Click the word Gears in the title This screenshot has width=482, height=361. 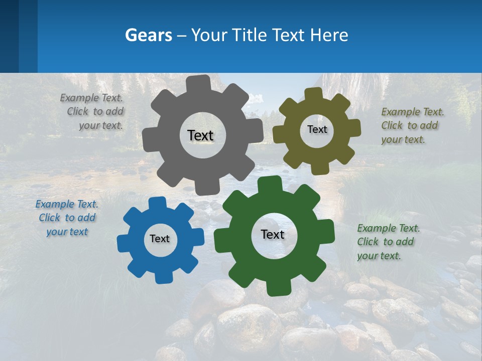tap(148, 35)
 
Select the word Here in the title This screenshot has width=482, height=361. tap(329, 35)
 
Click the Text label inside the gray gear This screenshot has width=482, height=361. tap(200, 135)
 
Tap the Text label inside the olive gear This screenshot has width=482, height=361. tap(317, 129)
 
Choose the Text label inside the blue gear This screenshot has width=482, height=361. tap(160, 239)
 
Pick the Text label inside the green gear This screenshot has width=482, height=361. tap(273, 234)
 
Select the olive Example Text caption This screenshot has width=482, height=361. tap(412, 125)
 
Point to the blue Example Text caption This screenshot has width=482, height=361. tap(67, 218)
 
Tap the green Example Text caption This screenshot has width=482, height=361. tap(388, 242)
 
